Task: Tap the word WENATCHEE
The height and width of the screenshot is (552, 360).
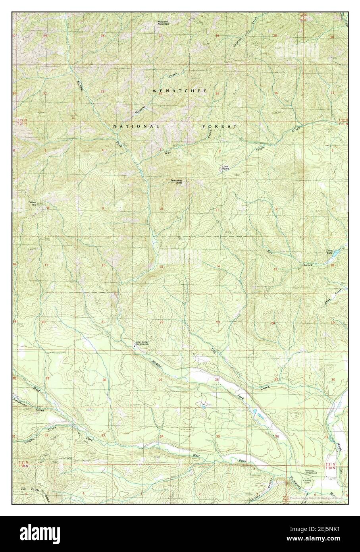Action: tap(180, 91)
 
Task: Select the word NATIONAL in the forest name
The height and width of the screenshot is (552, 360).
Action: tap(136, 126)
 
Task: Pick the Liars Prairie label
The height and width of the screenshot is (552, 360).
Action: tap(225, 168)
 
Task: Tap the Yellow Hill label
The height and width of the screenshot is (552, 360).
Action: tap(32, 203)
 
